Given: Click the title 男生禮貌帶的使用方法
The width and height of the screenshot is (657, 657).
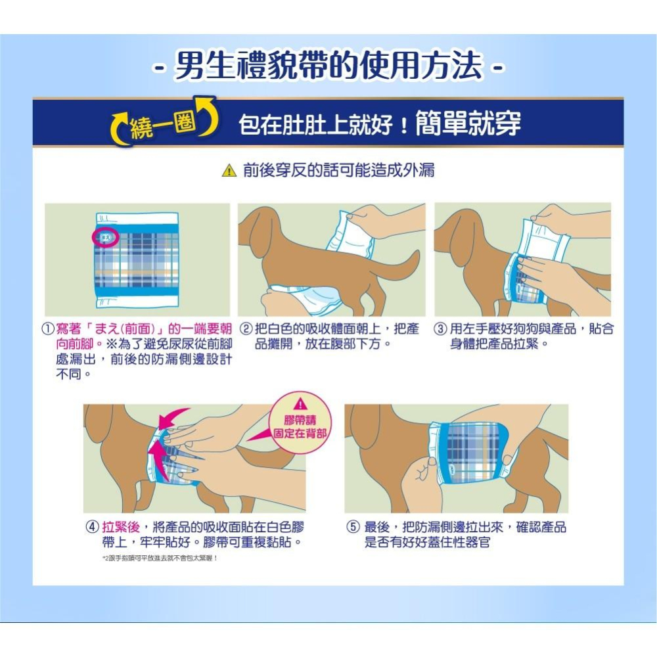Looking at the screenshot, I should tap(328, 68).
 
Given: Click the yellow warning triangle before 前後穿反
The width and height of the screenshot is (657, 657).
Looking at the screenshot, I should tap(228, 171).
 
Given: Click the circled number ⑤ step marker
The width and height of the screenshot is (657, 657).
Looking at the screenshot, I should tap(353, 527).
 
